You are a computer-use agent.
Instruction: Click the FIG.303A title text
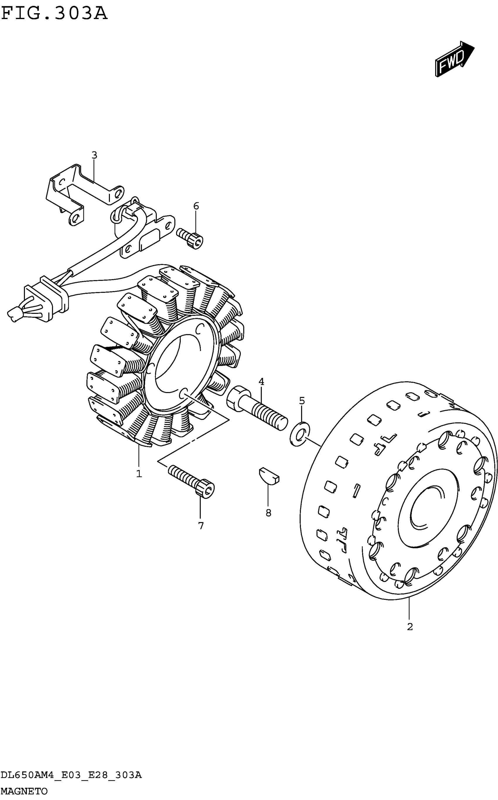[54, 14]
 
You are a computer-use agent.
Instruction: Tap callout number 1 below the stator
[139, 474]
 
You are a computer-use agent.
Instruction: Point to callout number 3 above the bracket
[94, 155]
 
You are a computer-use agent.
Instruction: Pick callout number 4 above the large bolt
[261, 382]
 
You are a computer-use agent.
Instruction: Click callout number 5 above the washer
[302, 401]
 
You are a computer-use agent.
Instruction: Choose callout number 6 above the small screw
[196, 206]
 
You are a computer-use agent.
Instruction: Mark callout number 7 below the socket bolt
[201, 526]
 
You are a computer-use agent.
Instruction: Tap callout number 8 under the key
[268, 513]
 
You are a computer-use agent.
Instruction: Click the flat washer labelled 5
[300, 433]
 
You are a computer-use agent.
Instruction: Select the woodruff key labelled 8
[269, 476]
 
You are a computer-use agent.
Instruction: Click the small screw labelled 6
[190, 238]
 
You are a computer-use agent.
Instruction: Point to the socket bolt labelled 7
[192, 482]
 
